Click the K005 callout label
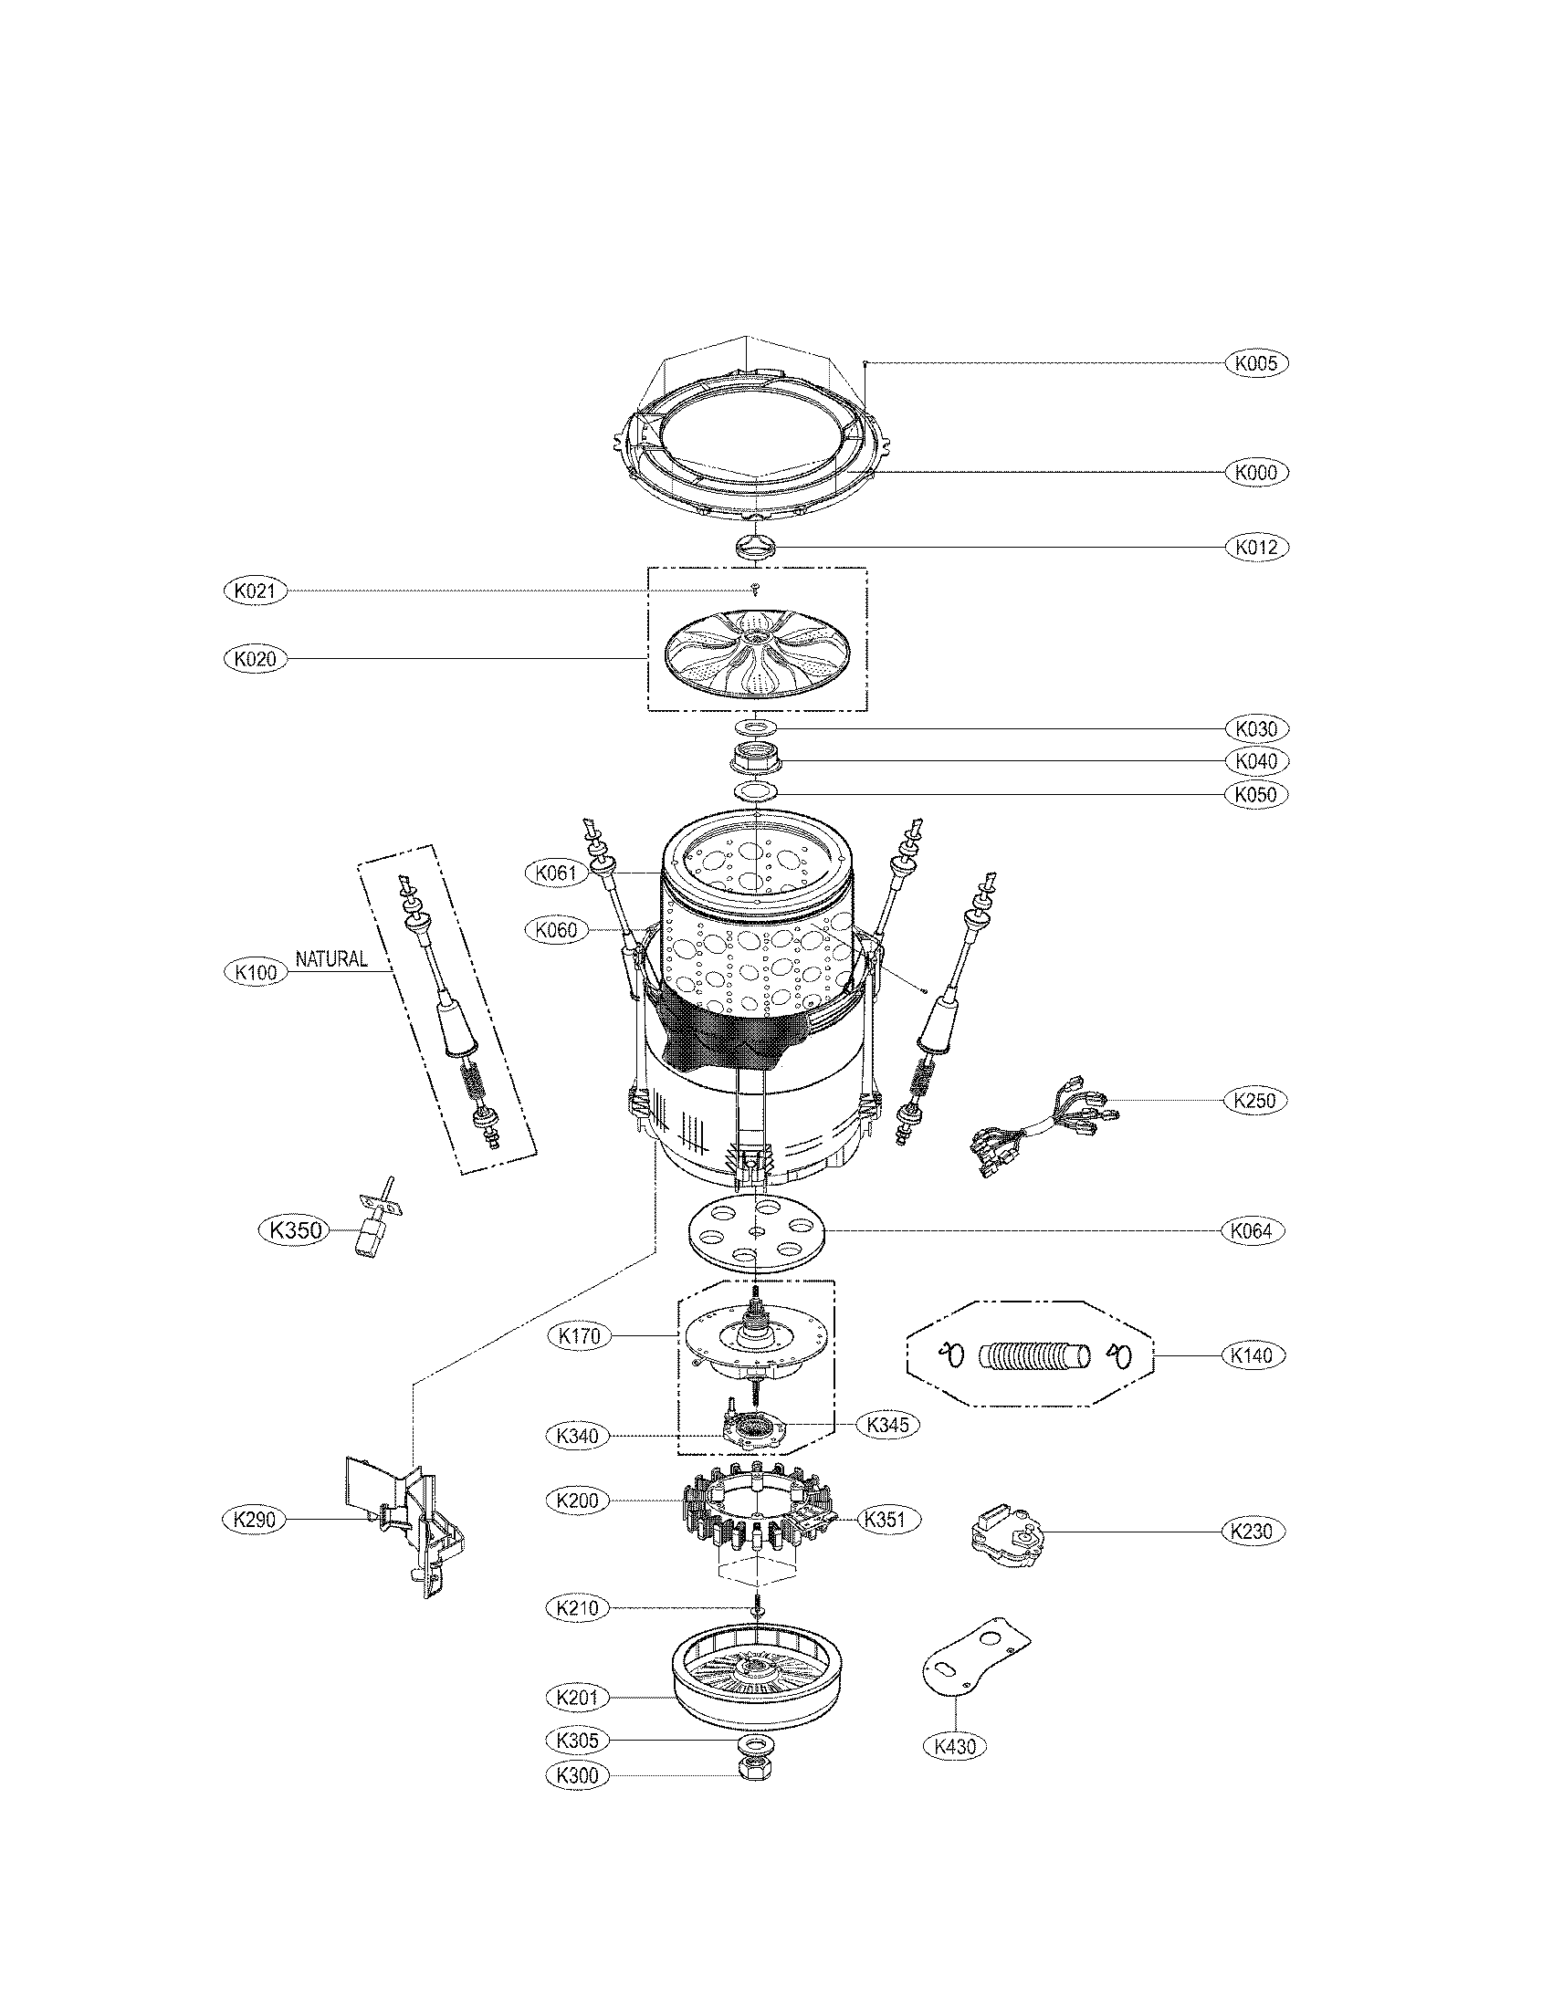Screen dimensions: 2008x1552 tap(1256, 363)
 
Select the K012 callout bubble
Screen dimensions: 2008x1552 tap(1256, 548)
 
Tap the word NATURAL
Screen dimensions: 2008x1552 tap(331, 959)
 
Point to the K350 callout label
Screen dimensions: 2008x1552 tap(292, 1229)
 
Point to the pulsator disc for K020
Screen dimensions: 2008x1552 tap(756, 660)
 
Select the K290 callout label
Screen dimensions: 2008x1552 tap(255, 1520)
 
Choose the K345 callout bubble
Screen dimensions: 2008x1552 tap(887, 1424)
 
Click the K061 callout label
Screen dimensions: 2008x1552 tap(555, 872)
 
